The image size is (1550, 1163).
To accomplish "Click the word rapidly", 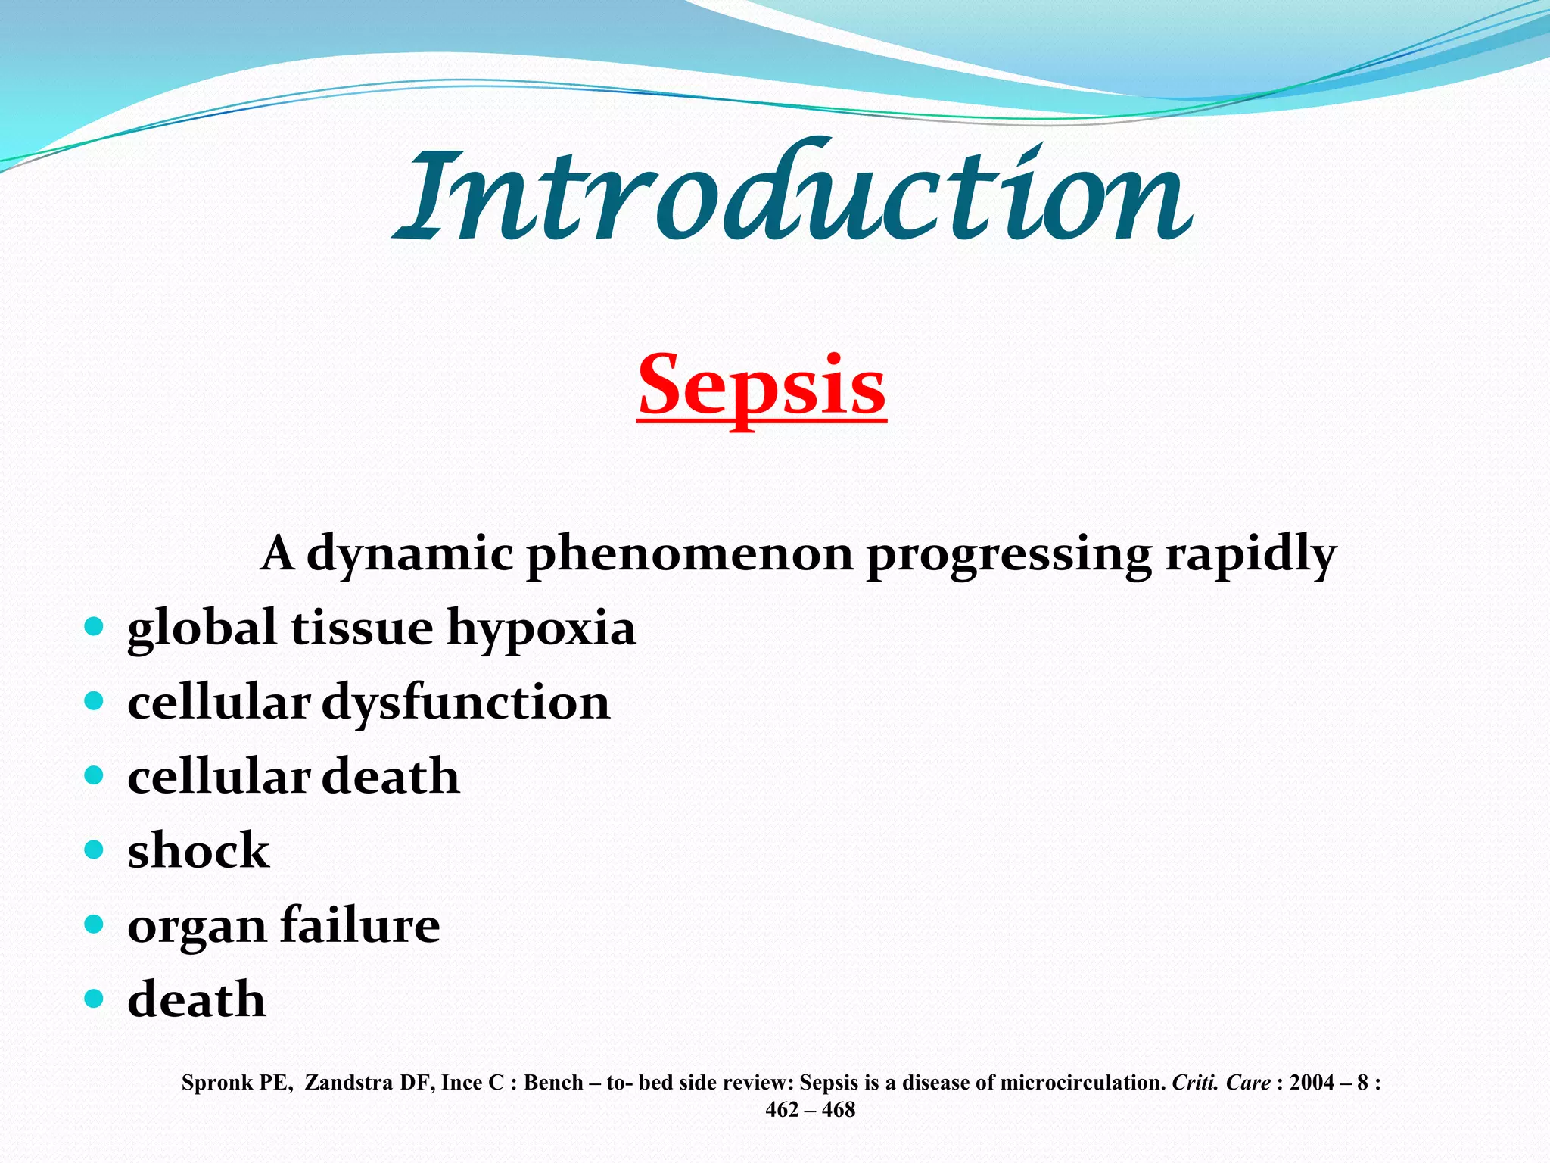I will [1250, 554].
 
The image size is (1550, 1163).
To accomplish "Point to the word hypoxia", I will [540, 628].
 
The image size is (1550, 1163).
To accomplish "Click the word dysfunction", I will [465, 703].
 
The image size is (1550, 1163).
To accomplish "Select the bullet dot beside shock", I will [94, 850].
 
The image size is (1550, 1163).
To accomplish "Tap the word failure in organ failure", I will [359, 925].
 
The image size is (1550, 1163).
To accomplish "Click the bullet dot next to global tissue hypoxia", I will [94, 627].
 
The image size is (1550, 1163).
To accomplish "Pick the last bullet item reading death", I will [197, 999].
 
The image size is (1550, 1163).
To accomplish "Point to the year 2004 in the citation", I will [1312, 1083].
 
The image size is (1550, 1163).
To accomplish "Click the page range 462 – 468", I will [810, 1110].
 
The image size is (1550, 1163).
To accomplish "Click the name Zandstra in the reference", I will [349, 1083].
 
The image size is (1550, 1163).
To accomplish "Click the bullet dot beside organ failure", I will [94, 924].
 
